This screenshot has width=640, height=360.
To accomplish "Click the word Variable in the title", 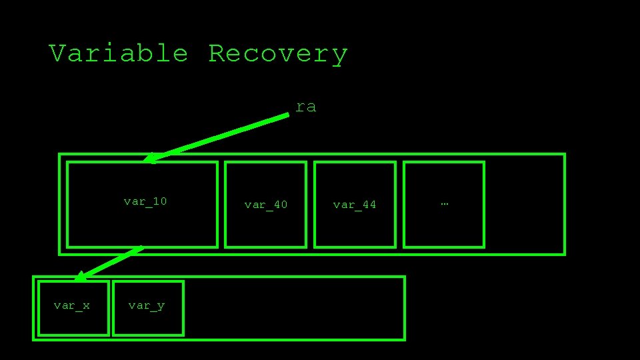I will (x=119, y=53).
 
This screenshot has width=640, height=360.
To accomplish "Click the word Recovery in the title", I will (x=278, y=54).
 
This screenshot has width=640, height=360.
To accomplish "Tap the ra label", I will (x=306, y=106).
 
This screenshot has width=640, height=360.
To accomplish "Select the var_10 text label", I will (x=145, y=201).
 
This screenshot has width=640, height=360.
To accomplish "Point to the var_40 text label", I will (x=265, y=205).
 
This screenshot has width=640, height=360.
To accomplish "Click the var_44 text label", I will (x=355, y=205).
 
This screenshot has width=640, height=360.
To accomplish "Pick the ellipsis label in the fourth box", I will (x=444, y=202).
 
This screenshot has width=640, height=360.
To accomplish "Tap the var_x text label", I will (x=72, y=305).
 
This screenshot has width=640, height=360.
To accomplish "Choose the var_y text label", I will (x=147, y=305).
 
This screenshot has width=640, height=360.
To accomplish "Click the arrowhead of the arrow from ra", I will (x=150, y=158).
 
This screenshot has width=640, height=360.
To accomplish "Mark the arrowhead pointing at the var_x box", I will (x=79, y=277).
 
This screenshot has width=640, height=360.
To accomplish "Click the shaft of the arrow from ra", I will (x=220, y=137).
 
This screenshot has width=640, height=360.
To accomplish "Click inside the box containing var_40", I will (x=265, y=227).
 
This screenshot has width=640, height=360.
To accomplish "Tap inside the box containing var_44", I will (x=355, y=227).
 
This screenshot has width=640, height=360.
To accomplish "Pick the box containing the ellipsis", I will (x=444, y=227).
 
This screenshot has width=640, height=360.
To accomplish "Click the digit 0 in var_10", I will (x=163, y=201).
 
